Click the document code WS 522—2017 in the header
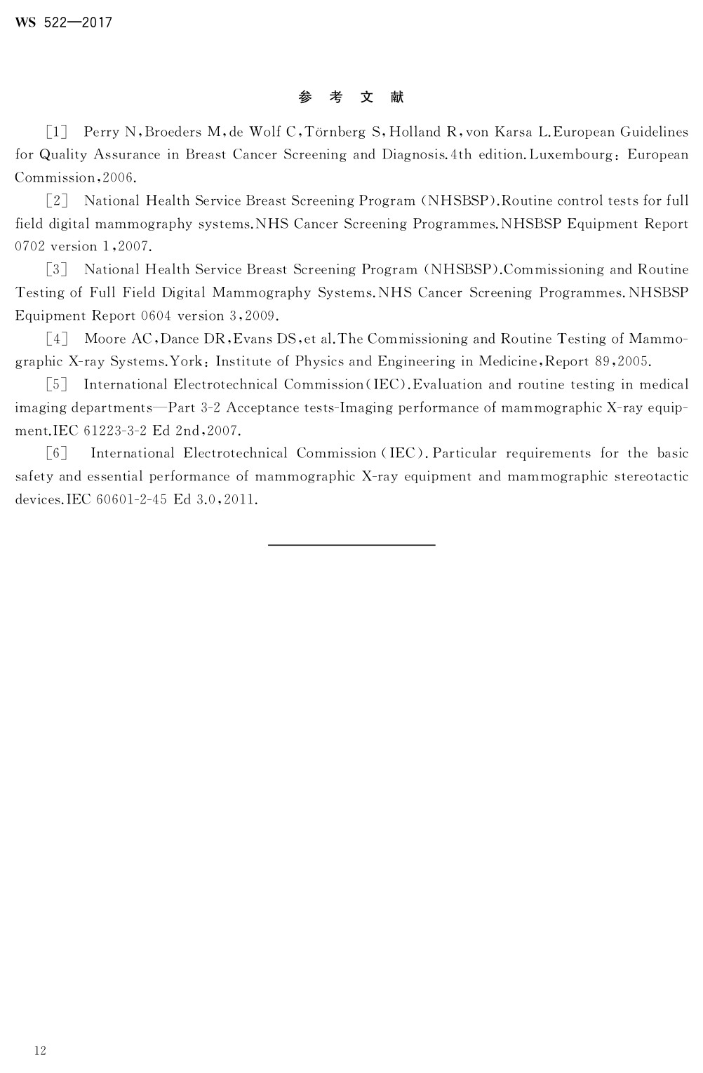click(63, 22)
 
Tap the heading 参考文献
click(351, 97)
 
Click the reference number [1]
click(56, 132)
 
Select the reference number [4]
click(56, 339)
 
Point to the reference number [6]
click(56, 454)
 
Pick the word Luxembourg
click(573, 154)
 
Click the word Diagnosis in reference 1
click(413, 154)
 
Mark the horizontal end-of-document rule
click(351, 544)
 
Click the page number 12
click(40, 1050)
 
